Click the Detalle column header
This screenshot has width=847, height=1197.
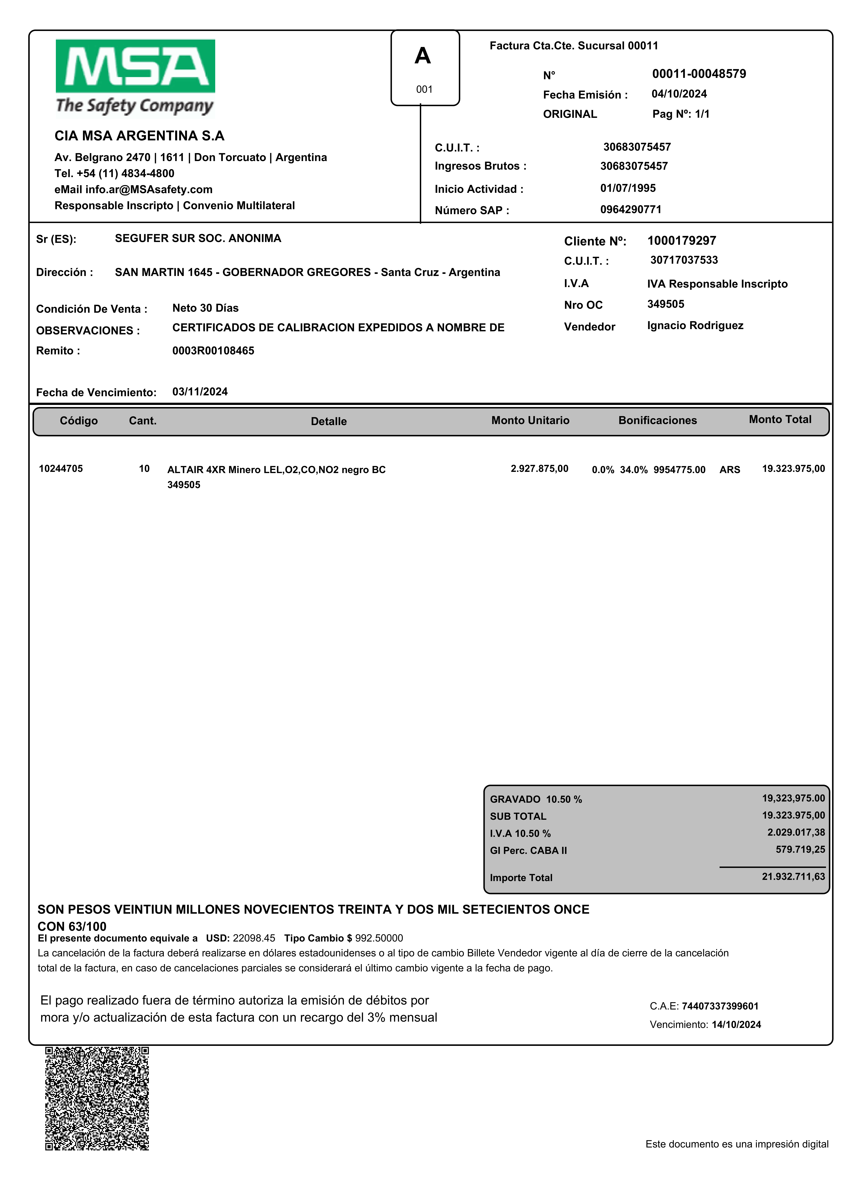tap(329, 421)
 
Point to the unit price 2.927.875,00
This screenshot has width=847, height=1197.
tap(539, 469)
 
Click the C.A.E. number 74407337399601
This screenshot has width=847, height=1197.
tap(720, 1006)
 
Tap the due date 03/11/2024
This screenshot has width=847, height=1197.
tap(200, 392)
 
